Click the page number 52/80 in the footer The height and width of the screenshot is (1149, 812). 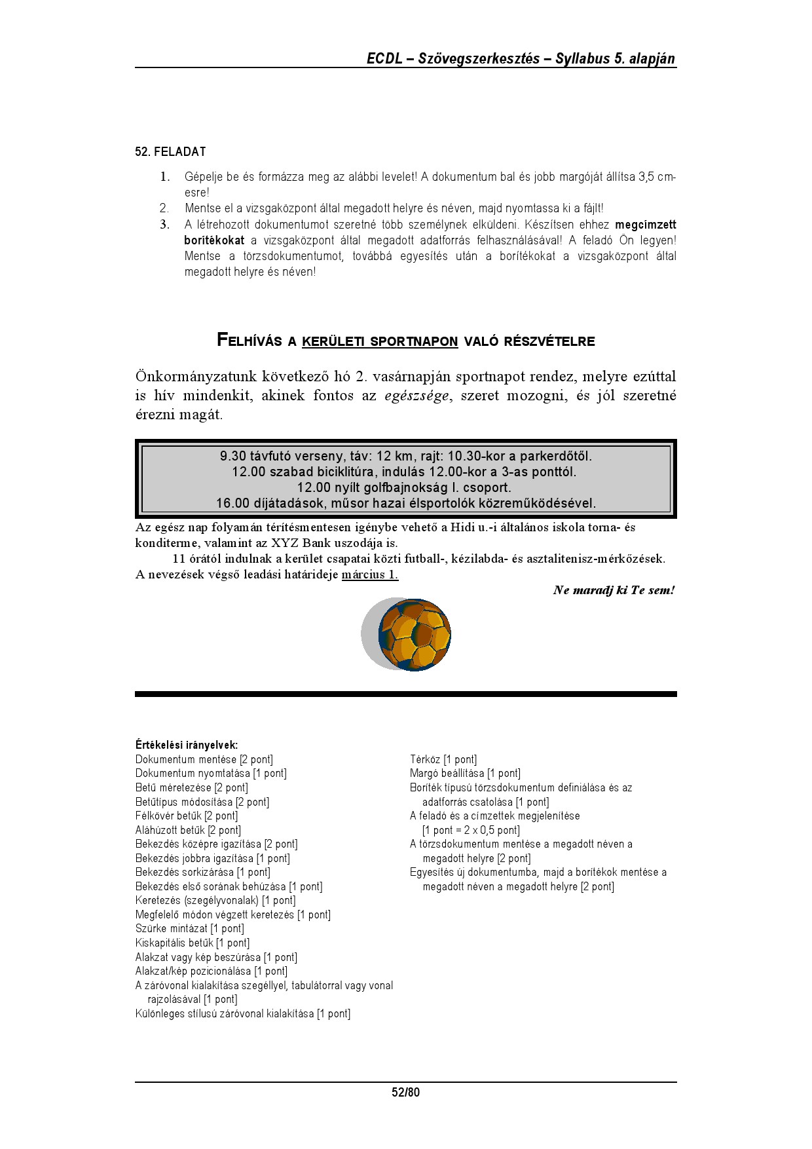click(405, 1092)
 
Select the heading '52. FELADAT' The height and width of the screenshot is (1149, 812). click(170, 152)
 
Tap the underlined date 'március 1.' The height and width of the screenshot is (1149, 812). click(369, 575)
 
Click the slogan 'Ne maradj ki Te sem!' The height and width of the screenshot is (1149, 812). click(613, 590)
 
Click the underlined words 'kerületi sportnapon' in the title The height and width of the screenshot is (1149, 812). click(380, 341)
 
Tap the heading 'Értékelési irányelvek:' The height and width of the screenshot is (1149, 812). click(187, 745)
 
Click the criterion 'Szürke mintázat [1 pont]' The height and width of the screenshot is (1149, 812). click(189, 929)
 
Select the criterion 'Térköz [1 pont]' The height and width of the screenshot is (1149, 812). click(443, 760)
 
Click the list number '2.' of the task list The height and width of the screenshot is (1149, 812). click(164, 209)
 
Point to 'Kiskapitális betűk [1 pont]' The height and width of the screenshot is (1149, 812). click(193, 943)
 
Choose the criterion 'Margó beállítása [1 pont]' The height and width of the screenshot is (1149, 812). click(465, 774)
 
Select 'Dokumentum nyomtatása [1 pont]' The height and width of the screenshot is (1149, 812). click(211, 774)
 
